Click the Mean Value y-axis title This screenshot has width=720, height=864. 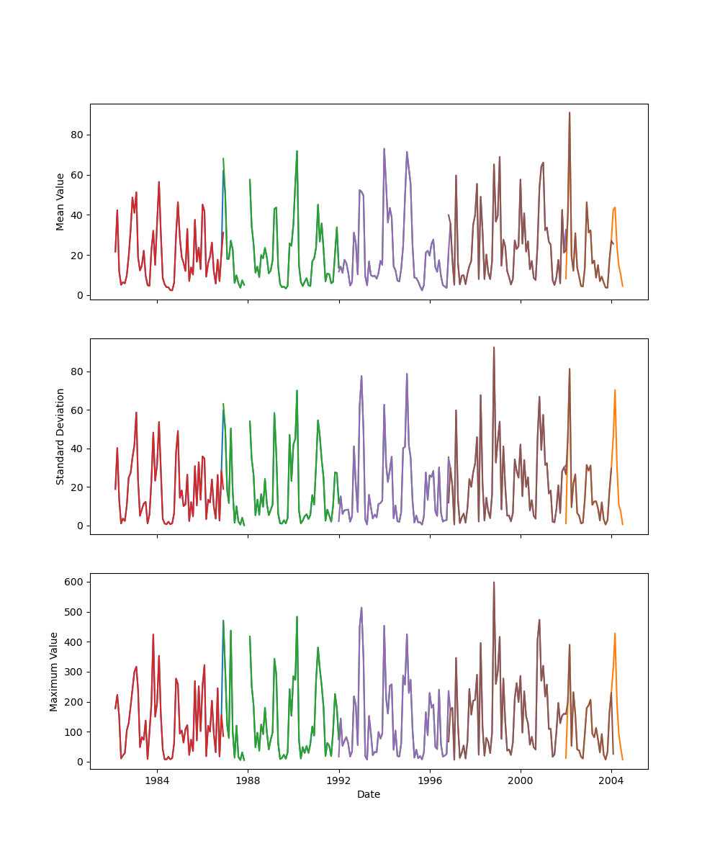click(60, 202)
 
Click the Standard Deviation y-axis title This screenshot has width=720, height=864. click(60, 436)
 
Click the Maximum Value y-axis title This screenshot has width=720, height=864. click(54, 671)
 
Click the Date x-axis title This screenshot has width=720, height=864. click(369, 795)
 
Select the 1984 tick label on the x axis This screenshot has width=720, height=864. click(157, 780)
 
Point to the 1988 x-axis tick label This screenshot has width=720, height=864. click(248, 780)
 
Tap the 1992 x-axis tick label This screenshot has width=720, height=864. click(338, 780)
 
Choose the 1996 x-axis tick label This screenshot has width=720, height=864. click(430, 780)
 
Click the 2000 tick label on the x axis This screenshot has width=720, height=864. click(521, 780)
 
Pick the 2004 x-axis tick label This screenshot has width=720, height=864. click(611, 780)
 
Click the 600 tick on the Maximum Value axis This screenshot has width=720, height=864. click(75, 582)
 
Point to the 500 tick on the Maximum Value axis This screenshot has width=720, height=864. click(75, 612)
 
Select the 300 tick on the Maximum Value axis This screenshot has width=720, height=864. click(75, 672)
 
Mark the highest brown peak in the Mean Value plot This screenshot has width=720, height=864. click(570, 112)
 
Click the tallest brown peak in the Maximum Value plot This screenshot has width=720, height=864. click(494, 582)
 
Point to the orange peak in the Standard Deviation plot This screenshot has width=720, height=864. click(615, 390)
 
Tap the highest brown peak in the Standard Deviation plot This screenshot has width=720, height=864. click(494, 347)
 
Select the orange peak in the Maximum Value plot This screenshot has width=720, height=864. click(615, 634)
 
